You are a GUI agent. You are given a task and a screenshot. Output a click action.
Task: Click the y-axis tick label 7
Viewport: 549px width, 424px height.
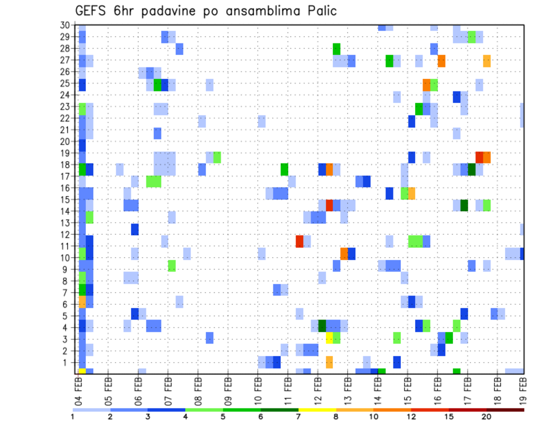tap(67, 293)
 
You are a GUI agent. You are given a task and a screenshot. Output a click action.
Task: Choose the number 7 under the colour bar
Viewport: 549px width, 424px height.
tap(299, 417)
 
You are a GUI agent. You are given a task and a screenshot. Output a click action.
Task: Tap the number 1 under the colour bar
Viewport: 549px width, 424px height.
tap(73, 417)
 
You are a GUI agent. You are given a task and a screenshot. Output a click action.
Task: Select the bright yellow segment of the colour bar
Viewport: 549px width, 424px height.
tap(317, 410)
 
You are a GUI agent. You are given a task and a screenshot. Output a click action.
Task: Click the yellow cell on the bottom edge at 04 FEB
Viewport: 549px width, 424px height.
tap(82, 371)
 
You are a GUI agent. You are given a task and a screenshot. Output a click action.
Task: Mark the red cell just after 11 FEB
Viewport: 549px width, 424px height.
tap(300, 241)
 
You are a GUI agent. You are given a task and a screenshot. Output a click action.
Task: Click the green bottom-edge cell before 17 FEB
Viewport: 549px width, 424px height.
tap(456, 371)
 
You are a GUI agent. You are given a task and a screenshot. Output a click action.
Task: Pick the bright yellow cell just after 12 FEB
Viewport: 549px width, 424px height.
tap(329, 337)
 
